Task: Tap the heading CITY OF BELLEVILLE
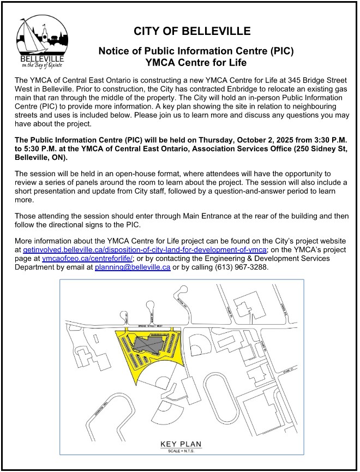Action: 192,31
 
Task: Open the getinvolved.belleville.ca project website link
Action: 145,250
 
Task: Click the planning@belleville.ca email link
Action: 133,267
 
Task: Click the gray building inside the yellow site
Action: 151,344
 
